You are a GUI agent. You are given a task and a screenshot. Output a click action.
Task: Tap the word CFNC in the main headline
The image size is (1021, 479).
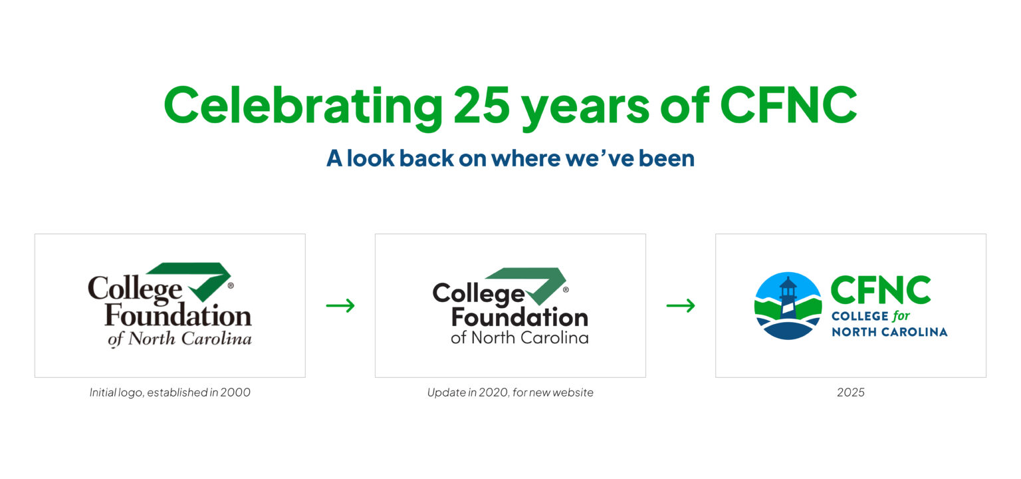(788, 105)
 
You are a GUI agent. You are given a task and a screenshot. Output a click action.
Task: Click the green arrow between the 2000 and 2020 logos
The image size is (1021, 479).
(340, 305)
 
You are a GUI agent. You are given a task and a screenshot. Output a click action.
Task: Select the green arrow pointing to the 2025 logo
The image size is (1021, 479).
(681, 305)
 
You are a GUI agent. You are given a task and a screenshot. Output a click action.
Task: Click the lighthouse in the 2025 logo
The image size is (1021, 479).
(788, 303)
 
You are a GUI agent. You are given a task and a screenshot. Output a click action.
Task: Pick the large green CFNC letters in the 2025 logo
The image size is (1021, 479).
(880, 291)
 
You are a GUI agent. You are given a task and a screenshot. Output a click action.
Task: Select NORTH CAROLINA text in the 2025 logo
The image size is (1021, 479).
(889, 331)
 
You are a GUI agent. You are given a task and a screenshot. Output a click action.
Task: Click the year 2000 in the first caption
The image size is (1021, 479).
(236, 393)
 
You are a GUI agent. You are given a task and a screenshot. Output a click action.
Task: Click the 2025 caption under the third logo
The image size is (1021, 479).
(851, 393)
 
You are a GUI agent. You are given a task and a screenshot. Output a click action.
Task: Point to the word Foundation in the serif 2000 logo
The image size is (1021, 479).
(178, 316)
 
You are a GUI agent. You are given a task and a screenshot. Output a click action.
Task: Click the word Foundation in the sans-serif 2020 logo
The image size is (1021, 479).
(519, 317)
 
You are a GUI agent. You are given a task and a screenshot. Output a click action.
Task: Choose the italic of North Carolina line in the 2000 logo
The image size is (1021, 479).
(179, 339)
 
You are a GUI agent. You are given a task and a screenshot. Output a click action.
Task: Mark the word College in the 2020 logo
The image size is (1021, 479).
(479, 293)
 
